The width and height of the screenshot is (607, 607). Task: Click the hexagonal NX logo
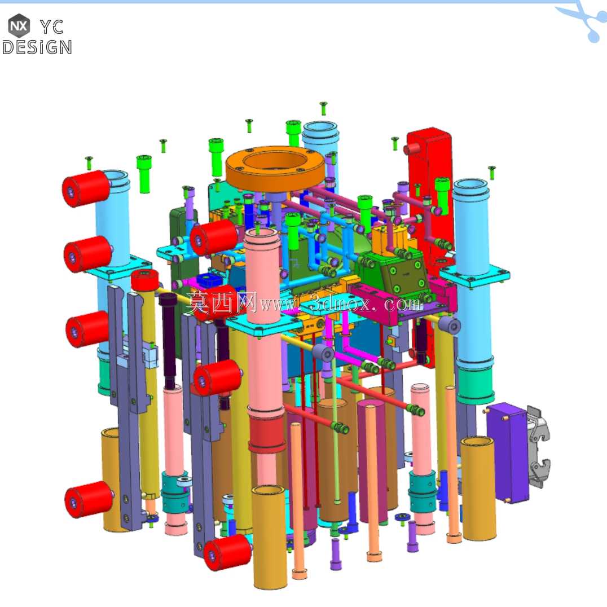[x=19, y=25]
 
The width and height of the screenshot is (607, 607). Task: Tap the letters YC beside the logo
[x=52, y=27]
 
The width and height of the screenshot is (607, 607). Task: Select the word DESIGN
[x=37, y=47]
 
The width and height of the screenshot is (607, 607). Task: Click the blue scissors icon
[x=584, y=19]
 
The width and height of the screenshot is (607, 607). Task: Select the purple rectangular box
[x=508, y=452]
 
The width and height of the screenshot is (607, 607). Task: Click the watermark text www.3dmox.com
[x=341, y=303]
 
